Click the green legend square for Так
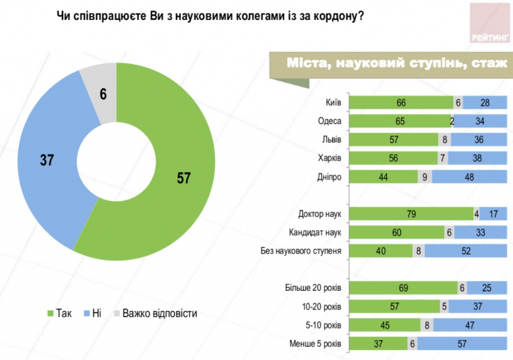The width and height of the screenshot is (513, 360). pos(50,313)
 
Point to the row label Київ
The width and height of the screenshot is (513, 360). pos(334,103)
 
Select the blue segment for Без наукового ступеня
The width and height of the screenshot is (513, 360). pos(466,251)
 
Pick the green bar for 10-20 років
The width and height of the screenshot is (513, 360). pos(394,307)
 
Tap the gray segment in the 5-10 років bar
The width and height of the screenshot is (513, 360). pos(427,325)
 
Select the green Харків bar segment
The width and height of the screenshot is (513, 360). pos(393,158)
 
